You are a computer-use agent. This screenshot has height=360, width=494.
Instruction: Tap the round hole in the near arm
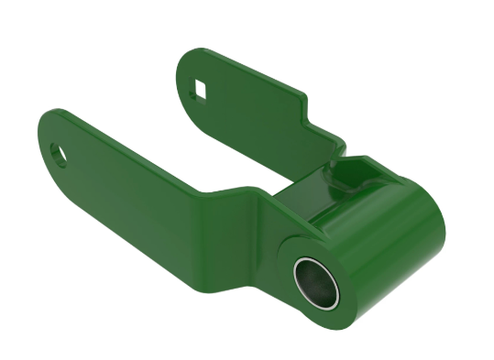[x=60, y=152]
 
